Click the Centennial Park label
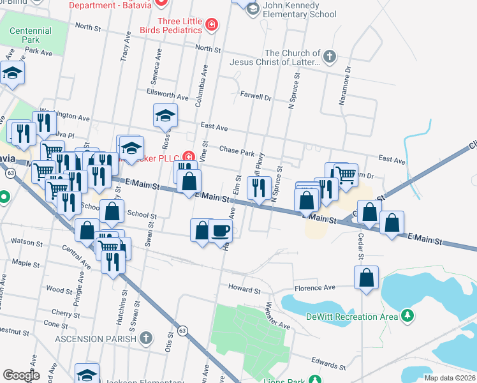(31, 35)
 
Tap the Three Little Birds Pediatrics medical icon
(212, 26)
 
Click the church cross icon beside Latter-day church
(329, 56)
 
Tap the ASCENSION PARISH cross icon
(146, 338)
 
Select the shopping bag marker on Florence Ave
(366, 278)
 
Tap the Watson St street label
(26, 242)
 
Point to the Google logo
(21, 375)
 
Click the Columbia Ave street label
(203, 86)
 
